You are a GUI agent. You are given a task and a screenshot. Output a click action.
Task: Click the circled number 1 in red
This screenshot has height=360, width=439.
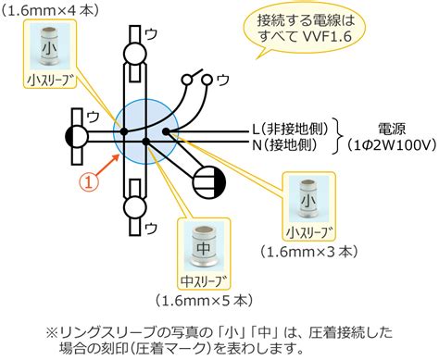(89, 182)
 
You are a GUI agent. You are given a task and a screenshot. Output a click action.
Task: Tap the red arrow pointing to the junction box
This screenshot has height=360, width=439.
(109, 165)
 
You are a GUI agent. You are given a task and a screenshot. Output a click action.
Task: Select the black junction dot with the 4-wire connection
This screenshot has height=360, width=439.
(124, 131)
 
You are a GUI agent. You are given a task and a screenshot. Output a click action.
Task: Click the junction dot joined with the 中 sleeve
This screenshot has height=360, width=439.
(146, 142)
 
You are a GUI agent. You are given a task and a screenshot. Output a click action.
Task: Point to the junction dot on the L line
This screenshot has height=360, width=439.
(166, 131)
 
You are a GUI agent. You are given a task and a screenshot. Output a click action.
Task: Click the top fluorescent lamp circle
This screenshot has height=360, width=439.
(134, 54)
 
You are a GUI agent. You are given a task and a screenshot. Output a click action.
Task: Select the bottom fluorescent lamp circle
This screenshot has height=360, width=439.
(134, 207)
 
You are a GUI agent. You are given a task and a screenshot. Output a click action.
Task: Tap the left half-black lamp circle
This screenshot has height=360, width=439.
(77, 137)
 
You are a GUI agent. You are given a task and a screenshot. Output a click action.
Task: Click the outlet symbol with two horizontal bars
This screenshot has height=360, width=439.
(209, 182)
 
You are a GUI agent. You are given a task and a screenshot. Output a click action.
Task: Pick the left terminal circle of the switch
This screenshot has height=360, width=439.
(186, 80)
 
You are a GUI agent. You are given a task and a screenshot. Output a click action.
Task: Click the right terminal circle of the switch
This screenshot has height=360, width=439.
(207, 80)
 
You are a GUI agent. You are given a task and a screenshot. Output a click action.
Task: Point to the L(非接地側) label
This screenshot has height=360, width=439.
(290, 130)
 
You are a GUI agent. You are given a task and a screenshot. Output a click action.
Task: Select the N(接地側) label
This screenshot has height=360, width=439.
(284, 144)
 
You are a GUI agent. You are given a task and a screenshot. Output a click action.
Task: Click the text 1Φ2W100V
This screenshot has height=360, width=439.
(392, 144)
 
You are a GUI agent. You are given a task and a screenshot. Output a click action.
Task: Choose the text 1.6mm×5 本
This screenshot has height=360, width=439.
(205, 300)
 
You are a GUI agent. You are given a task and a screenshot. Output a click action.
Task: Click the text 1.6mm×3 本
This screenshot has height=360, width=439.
(309, 252)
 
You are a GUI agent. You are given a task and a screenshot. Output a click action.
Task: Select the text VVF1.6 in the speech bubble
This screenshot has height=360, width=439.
(327, 37)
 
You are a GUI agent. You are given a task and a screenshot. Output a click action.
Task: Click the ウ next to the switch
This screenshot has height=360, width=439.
(223, 81)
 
